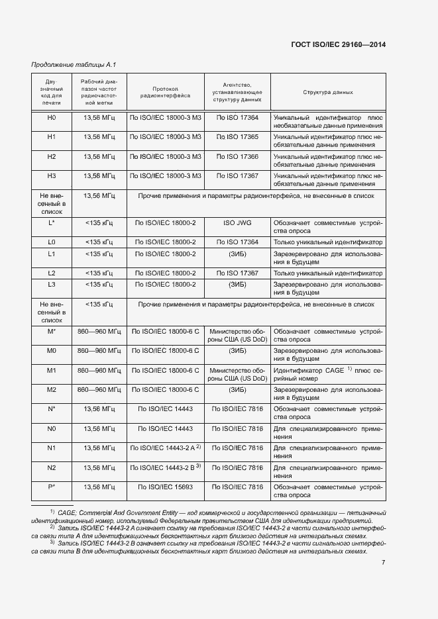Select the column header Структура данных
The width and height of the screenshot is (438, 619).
click(328, 93)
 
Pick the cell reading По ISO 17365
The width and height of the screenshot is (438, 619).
click(237, 137)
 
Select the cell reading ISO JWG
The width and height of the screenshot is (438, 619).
click(237, 223)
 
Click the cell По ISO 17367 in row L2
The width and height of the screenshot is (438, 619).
click(237, 273)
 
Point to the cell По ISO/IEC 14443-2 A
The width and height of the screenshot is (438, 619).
click(164, 448)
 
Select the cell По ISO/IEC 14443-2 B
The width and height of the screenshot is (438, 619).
click(164, 467)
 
